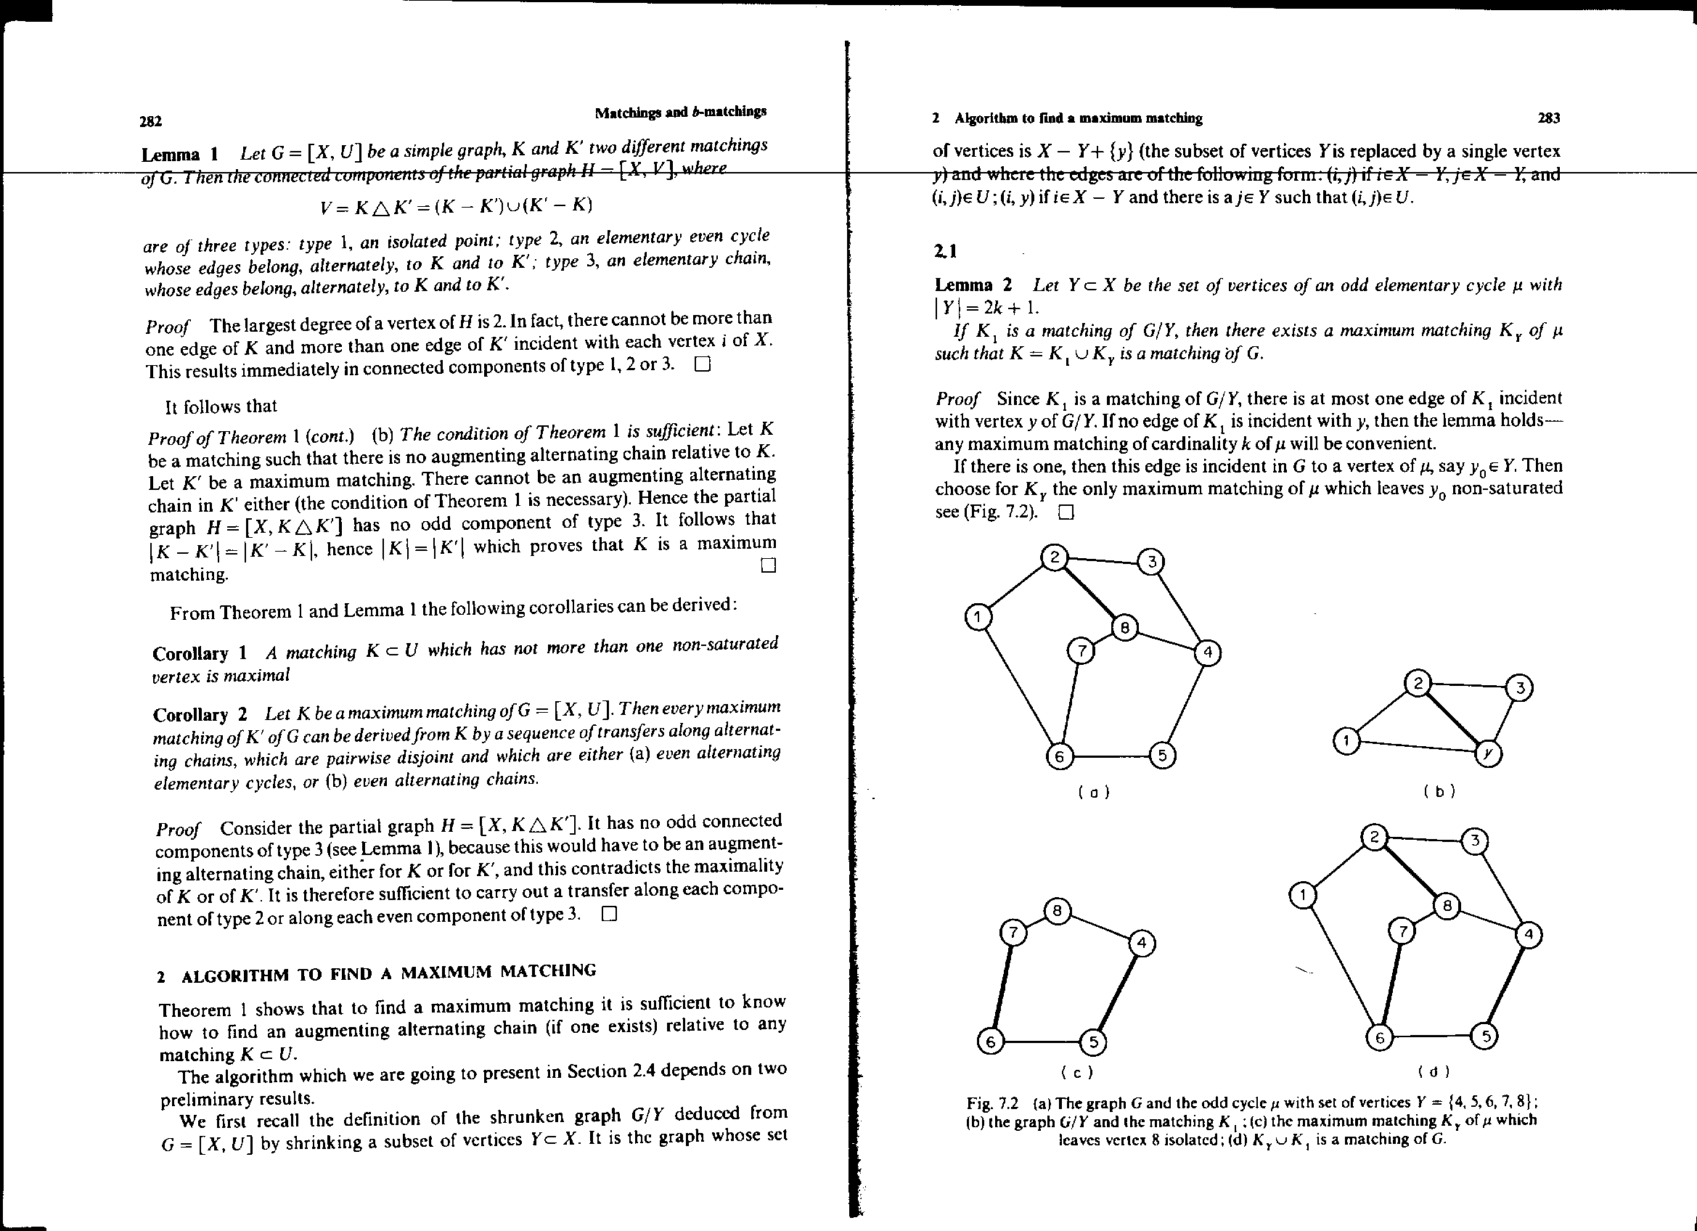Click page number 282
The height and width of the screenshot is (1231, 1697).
[x=151, y=120]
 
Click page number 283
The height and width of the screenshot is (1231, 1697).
[x=1548, y=118]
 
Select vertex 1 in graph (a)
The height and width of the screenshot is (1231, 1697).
[x=978, y=618]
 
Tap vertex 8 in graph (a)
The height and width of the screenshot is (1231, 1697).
[x=1124, y=628]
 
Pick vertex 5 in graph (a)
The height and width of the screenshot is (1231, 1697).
[x=1162, y=755]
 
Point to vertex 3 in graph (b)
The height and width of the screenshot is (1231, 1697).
[x=1520, y=687]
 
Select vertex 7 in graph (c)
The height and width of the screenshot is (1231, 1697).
[x=1013, y=933]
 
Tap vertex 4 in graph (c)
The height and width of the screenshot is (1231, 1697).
[x=1142, y=943]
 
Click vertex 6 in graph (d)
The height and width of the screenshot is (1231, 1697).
[x=1379, y=1038]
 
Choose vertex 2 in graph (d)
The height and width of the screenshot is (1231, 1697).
[x=1374, y=837]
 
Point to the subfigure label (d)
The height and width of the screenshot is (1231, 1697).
[x=1434, y=1071]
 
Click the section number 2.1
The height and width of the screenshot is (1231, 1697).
[x=946, y=251]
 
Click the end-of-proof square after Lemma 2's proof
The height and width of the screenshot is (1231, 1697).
[x=1066, y=512]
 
